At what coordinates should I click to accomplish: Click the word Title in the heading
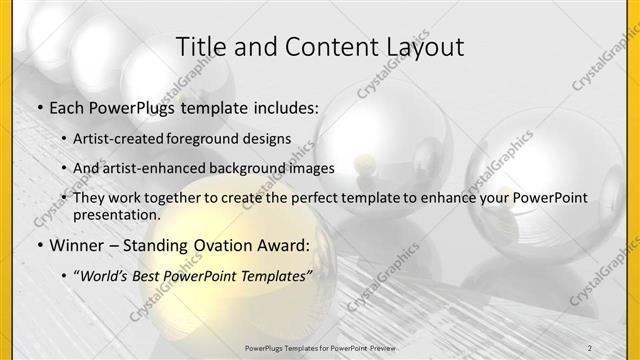(x=199, y=47)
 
